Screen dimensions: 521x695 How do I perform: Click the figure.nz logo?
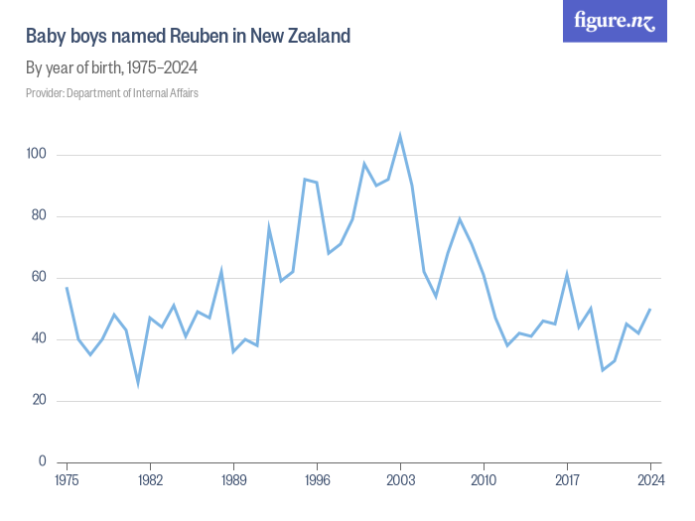click(x=615, y=22)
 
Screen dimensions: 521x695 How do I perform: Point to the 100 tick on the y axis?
click(x=38, y=155)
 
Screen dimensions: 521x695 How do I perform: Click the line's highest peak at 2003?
click(x=400, y=136)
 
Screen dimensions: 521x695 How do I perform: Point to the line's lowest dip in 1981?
click(x=138, y=382)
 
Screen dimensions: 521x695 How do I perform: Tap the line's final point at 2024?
click(x=650, y=309)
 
